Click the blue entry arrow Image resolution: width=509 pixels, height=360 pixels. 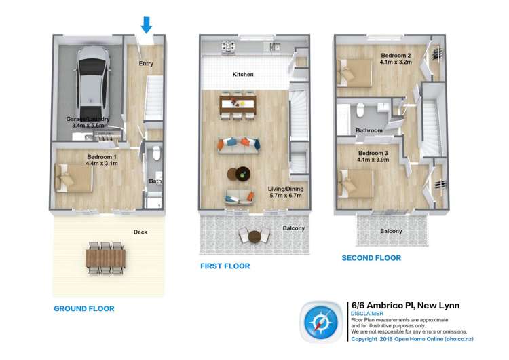pyautogui.click(x=146, y=25)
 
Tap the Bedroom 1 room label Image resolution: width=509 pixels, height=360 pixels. pyautogui.click(x=101, y=159)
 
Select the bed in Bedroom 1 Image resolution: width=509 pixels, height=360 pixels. pyautogui.click(x=73, y=179)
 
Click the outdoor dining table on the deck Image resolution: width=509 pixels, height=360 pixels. pyautogui.click(x=106, y=258)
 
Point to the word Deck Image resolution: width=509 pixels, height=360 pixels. pyautogui.click(x=140, y=232)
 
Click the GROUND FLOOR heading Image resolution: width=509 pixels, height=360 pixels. pyautogui.click(x=83, y=308)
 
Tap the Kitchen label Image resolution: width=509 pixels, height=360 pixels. pyautogui.click(x=243, y=74)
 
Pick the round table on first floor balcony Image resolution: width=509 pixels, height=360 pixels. pyautogui.click(x=254, y=236)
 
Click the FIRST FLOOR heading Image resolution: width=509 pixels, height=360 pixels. pyautogui.click(x=225, y=266)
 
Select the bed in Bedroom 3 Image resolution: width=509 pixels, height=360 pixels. pyautogui.click(x=356, y=182)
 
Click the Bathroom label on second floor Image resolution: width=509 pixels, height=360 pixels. pyautogui.click(x=370, y=130)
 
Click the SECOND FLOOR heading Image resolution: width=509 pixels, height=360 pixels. pyautogui.click(x=371, y=258)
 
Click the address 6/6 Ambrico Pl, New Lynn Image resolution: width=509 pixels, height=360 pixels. pyautogui.click(x=404, y=306)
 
